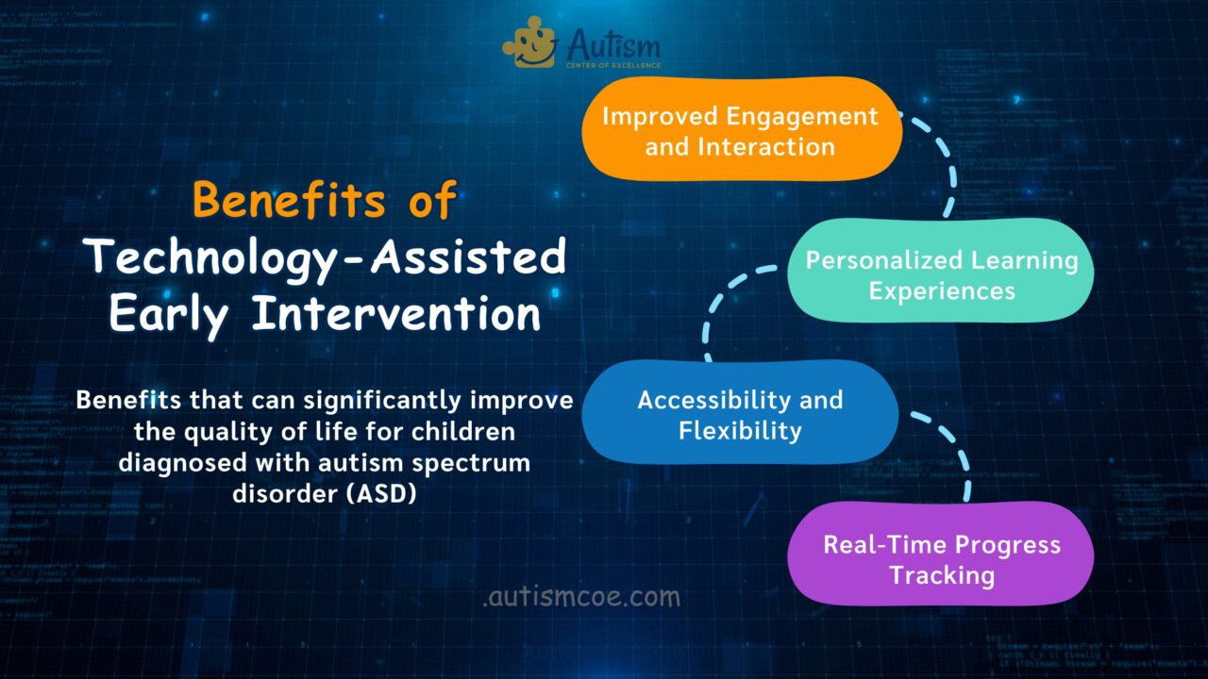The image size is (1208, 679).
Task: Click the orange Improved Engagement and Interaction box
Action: [741, 129]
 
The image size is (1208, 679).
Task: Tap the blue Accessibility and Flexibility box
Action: [739, 413]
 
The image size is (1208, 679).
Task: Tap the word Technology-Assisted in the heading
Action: [325, 257]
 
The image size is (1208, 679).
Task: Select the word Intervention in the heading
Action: [396, 313]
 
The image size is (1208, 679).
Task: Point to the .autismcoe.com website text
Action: [580, 597]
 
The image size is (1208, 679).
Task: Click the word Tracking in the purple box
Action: [941, 575]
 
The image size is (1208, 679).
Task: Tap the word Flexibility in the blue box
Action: [739, 431]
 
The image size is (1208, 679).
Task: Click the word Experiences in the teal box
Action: [941, 290]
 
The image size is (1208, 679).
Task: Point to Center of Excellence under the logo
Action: [612, 65]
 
